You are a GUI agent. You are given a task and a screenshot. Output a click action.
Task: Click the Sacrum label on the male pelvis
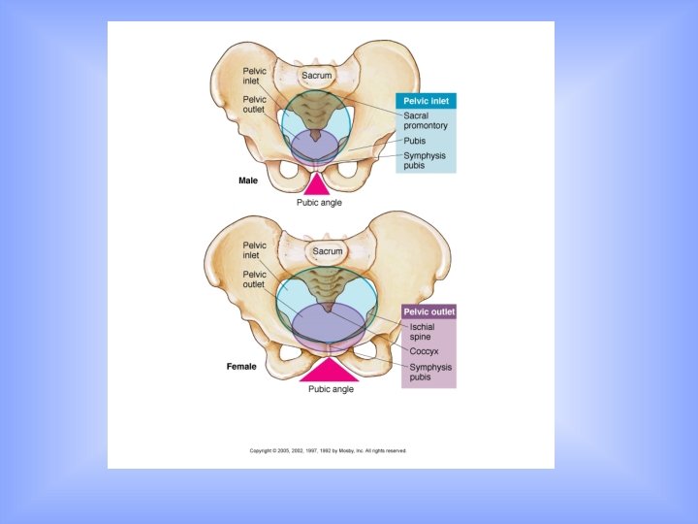pos(316,75)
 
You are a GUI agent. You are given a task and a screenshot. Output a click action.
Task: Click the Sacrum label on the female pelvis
pos(327,251)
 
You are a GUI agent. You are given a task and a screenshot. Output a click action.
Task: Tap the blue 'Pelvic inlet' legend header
pos(426,101)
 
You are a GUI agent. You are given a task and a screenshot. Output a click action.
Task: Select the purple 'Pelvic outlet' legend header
pos(428,312)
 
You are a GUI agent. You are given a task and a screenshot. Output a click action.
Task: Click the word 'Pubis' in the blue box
pos(415,141)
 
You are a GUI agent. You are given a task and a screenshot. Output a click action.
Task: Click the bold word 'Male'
pos(249,180)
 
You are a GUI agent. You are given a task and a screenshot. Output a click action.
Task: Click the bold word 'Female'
pos(241,367)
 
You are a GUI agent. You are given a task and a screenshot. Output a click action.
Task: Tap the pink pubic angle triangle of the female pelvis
pos(330,371)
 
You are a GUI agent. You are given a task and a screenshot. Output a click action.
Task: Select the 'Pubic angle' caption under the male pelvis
pos(318,203)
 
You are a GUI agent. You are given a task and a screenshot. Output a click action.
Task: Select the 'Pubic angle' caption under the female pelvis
pos(331,389)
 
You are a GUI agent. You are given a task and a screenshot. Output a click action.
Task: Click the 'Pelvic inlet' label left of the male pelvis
pos(254,77)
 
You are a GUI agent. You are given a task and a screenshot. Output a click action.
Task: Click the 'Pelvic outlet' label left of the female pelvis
pos(254,279)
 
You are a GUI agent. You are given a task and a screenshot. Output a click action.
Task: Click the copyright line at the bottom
pos(329,450)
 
